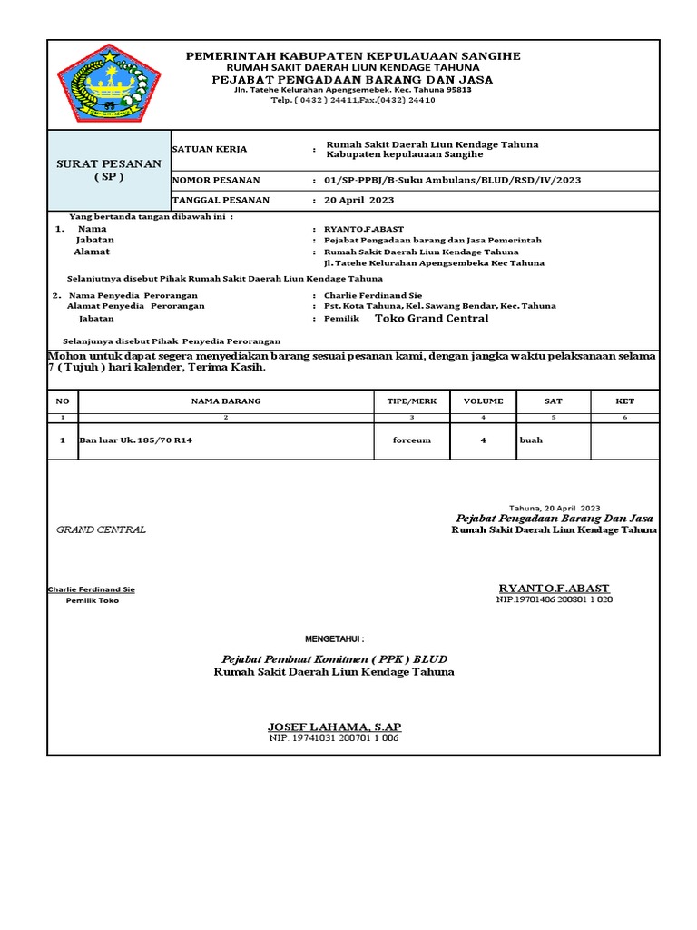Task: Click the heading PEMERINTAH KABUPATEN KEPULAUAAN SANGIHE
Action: tap(353, 56)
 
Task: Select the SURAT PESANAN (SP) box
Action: tap(109, 170)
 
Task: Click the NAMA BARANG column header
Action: tap(225, 401)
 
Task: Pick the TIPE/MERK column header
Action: tap(411, 401)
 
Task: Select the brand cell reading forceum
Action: tap(411, 440)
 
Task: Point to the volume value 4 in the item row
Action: tap(483, 440)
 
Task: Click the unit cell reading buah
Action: tap(530, 440)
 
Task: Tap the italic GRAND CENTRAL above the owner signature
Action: tap(101, 529)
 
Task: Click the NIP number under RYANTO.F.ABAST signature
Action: tap(554, 600)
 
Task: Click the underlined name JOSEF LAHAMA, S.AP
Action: tap(334, 727)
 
